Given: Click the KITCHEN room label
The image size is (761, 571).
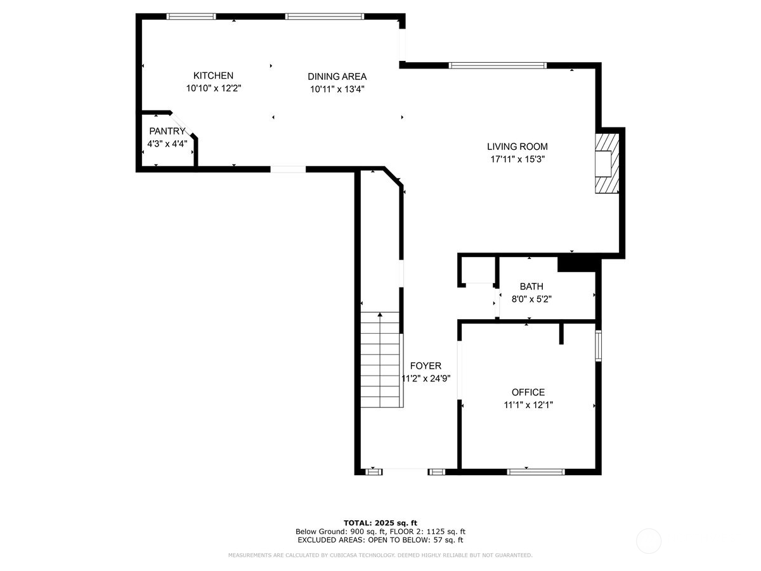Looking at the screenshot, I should (x=213, y=75).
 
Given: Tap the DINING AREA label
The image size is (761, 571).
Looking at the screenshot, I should (x=337, y=76).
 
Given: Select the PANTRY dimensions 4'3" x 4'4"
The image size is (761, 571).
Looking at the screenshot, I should (x=167, y=144).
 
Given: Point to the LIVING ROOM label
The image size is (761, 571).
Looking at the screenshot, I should (x=517, y=147).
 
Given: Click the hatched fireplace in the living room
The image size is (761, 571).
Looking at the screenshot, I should (x=606, y=162).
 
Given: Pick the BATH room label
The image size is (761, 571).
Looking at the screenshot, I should (x=531, y=287).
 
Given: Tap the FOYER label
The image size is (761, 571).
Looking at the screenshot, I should (x=426, y=366).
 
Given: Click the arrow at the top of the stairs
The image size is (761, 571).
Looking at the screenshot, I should (x=380, y=315).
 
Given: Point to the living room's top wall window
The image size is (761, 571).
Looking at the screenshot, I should (x=498, y=65).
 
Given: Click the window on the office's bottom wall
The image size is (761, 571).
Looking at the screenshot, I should (x=536, y=471).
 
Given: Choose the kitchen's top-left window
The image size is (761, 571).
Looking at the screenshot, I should (x=191, y=16).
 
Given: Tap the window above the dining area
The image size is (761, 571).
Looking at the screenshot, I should (x=324, y=16).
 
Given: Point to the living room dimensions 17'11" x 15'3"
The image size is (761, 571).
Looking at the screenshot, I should (x=517, y=159).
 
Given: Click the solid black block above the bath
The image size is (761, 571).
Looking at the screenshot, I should (x=576, y=263).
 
